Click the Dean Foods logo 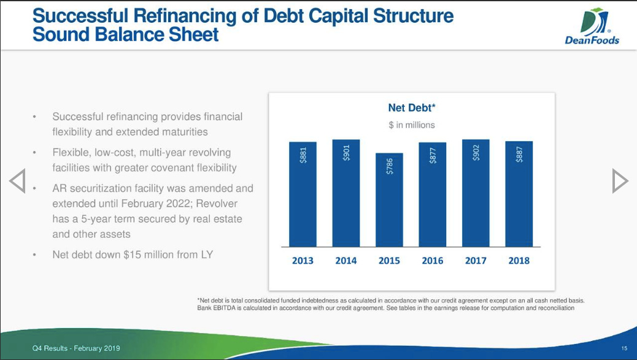592,26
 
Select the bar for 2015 389,200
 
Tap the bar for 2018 519,194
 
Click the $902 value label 476,153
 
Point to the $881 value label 303,155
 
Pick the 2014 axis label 346,261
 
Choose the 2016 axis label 432,261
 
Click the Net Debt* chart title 412,107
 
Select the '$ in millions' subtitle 412,125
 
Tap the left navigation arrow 17,180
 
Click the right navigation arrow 620,180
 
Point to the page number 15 624,348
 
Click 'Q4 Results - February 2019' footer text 76,348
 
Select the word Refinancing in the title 185,16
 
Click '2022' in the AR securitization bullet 177,204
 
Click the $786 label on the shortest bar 389,166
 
